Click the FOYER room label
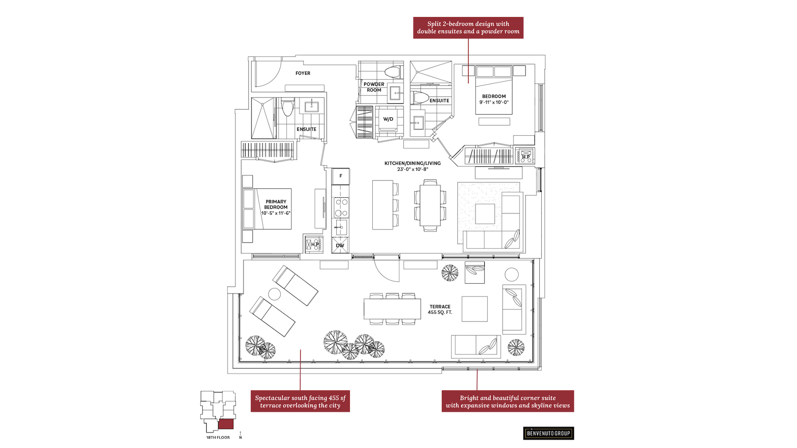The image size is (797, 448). click(x=303, y=73)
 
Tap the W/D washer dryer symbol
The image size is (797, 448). click(x=388, y=119)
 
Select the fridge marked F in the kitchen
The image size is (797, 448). click(x=341, y=176)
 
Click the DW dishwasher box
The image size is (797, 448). click(x=340, y=246)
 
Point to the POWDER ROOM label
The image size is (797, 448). click(x=374, y=87)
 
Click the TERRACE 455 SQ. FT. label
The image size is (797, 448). click(x=440, y=309)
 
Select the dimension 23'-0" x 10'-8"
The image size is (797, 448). click(x=412, y=169)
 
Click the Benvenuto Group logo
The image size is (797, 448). click(x=548, y=433)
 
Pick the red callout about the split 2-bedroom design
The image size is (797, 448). click(x=468, y=28)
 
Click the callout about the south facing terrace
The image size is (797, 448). click(x=300, y=401)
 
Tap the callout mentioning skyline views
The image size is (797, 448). click(x=508, y=401)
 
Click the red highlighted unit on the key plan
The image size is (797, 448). click(x=226, y=424)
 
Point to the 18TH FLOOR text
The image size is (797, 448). click(x=218, y=438)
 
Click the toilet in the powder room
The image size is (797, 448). click(x=393, y=72)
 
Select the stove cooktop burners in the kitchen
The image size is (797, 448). click(x=341, y=207)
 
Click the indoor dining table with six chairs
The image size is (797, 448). click(x=430, y=205)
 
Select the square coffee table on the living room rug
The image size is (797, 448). click(x=485, y=214)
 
